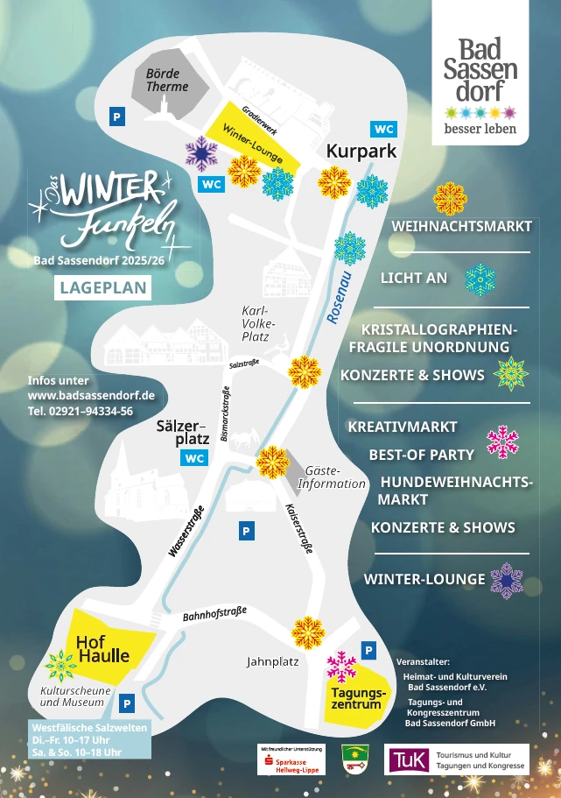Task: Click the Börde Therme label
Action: point(166,81)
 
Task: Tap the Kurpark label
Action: point(361,152)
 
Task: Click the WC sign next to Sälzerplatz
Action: point(194,458)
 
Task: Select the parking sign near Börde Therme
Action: point(116,116)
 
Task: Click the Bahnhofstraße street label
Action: point(214,615)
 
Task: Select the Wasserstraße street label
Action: point(186,531)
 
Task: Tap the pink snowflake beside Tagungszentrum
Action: point(341,667)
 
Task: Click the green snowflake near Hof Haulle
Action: point(61,667)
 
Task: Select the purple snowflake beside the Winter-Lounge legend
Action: point(506,580)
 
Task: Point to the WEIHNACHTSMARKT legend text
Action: point(461,226)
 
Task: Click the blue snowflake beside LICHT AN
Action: point(480,279)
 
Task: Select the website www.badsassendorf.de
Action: point(91,395)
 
